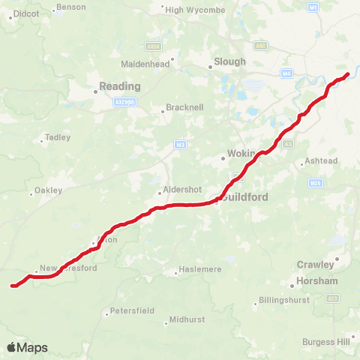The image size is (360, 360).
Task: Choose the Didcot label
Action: coord(27,13)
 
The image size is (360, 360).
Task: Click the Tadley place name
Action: coord(57,137)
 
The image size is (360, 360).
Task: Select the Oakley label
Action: coord(47,190)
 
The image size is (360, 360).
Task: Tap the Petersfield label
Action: coord(132,310)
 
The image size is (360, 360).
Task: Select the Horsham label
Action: coord(317,280)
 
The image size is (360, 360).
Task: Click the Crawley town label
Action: coord(316,264)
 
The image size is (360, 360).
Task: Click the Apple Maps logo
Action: coord(27,347)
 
